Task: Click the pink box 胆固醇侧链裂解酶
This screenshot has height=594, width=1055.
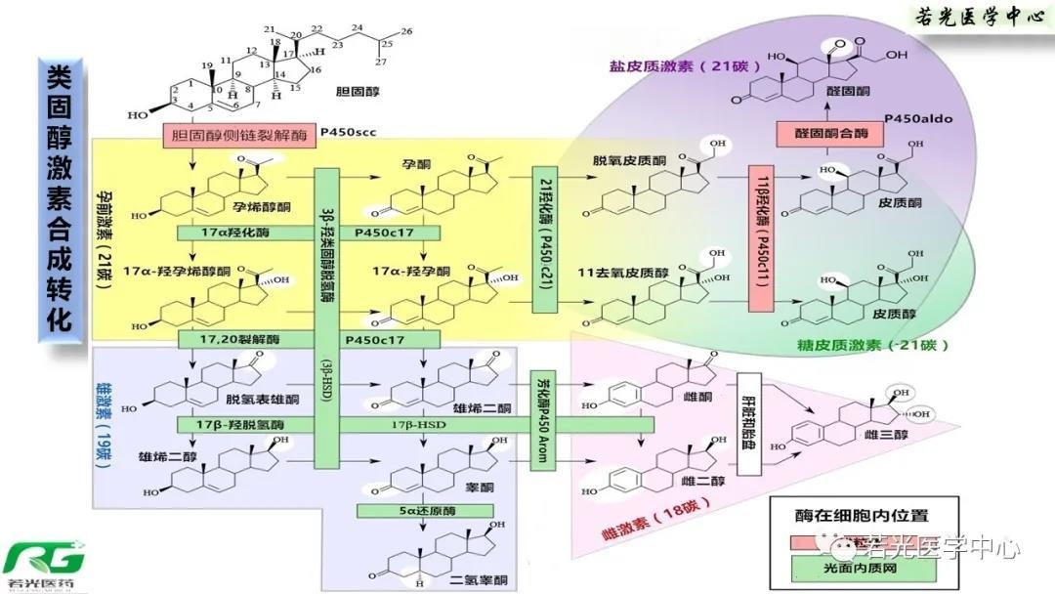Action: (x=240, y=135)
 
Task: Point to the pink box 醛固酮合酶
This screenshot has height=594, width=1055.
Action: (x=820, y=136)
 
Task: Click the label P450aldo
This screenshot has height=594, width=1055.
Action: (x=918, y=119)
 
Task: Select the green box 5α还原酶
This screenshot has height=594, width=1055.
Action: (x=422, y=510)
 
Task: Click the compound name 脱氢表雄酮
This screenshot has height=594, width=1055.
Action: (x=261, y=399)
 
